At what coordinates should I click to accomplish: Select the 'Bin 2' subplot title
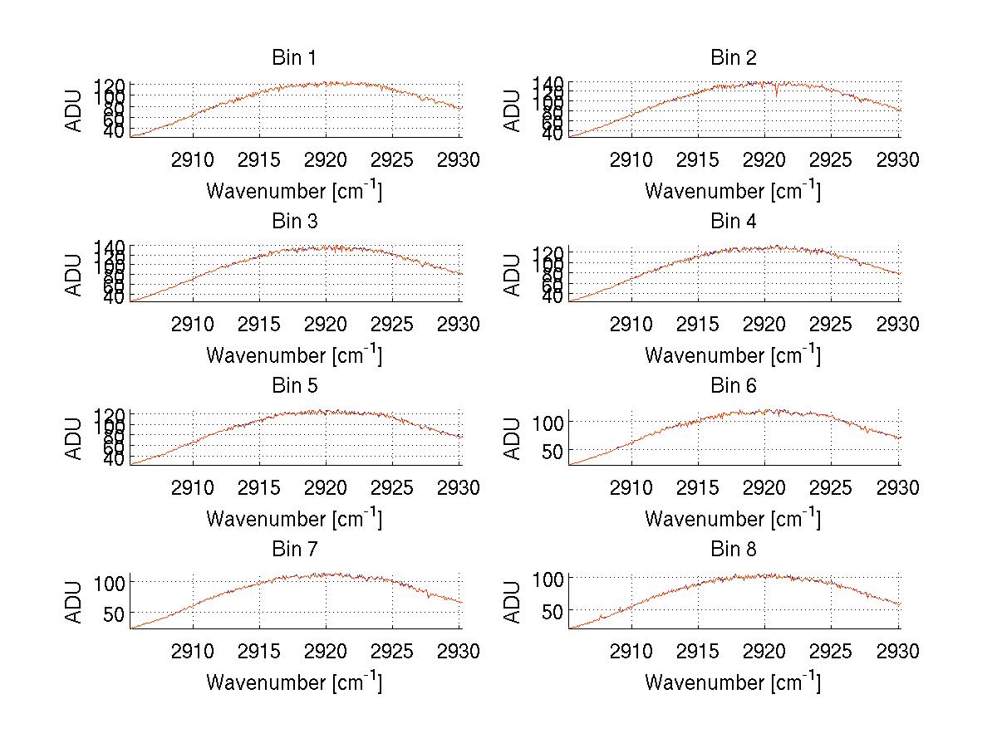click(x=733, y=58)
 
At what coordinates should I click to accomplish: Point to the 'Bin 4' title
click(x=733, y=222)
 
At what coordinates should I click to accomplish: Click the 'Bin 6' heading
click(x=733, y=386)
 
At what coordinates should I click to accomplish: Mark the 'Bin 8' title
click(x=733, y=550)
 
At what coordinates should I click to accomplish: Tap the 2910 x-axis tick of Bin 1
click(x=193, y=159)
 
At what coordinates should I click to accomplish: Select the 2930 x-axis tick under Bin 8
click(x=898, y=652)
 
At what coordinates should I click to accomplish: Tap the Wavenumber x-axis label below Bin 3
click(x=293, y=355)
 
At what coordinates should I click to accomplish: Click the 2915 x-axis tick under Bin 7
click(x=259, y=652)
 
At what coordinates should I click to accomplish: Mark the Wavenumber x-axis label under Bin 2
click(x=733, y=191)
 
